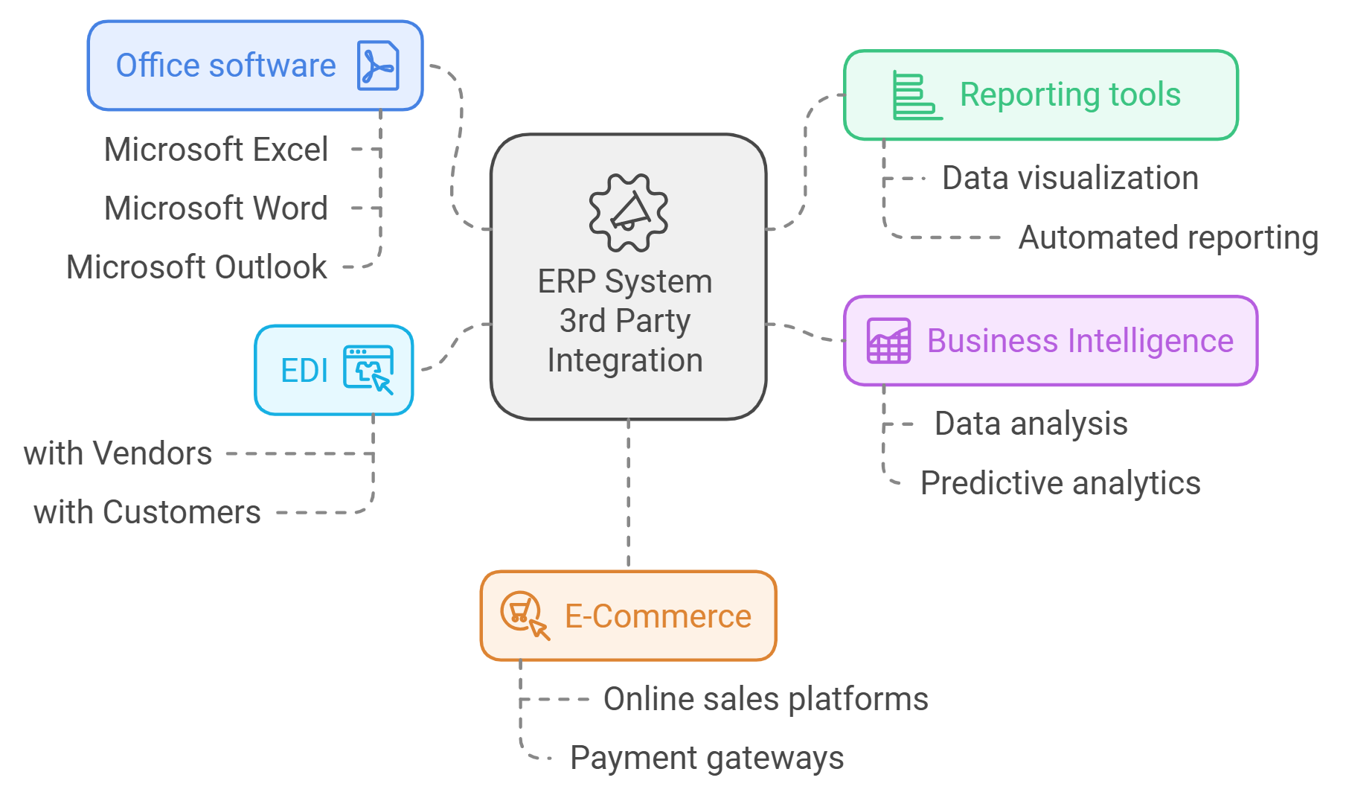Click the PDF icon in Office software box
[378, 66]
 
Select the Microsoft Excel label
[216, 150]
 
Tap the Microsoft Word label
[216, 208]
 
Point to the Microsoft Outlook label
[196, 267]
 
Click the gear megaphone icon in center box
[628, 213]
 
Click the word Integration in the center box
[625, 361]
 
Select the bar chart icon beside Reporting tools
[917, 96]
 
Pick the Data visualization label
[1070, 179]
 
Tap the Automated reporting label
[1168, 238]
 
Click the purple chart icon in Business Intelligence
[888, 341]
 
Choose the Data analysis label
[1031, 424]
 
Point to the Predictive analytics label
[1060, 484]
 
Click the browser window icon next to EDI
[368, 369]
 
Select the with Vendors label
[118, 453]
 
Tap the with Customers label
[147, 513]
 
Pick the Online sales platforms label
[766, 700]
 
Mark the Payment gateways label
[707, 759]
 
